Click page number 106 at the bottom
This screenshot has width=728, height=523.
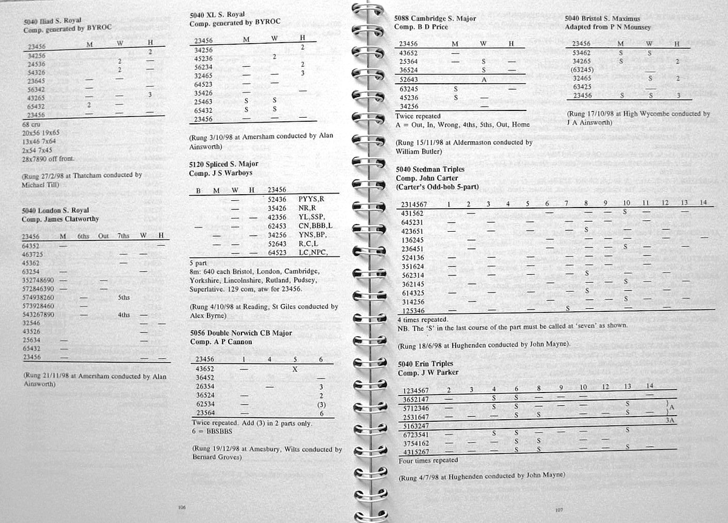click(181, 507)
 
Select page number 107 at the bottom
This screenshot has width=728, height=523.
click(558, 510)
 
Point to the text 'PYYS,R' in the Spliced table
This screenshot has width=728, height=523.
click(312, 198)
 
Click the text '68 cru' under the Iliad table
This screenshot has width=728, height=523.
click(30, 124)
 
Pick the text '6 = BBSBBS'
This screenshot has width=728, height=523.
click(213, 430)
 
